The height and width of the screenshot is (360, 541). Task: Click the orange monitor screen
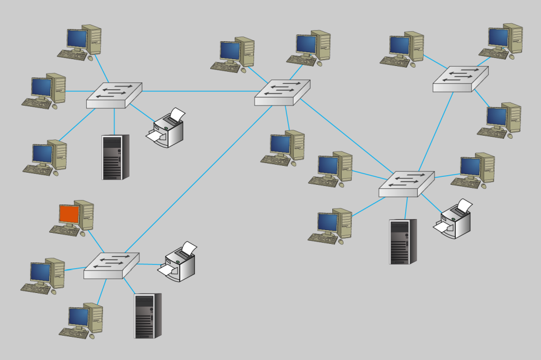point(69,214)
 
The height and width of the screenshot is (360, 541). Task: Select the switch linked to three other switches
point(282,92)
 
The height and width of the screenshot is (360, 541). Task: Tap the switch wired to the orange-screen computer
point(111,265)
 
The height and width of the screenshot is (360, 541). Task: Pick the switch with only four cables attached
point(460,79)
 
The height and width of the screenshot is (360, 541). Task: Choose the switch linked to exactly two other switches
point(406,184)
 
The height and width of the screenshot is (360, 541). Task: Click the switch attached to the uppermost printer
point(114,95)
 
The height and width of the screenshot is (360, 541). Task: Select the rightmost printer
point(455,220)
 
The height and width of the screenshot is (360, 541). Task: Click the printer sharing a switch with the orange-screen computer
point(179,262)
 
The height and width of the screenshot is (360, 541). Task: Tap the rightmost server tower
point(402,241)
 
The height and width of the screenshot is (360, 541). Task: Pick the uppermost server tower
point(115,157)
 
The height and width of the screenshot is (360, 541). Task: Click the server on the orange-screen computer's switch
point(147,316)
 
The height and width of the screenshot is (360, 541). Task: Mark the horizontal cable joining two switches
point(198,91)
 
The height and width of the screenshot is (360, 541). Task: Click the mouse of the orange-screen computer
point(82,233)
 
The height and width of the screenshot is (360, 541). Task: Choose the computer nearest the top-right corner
point(501,40)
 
